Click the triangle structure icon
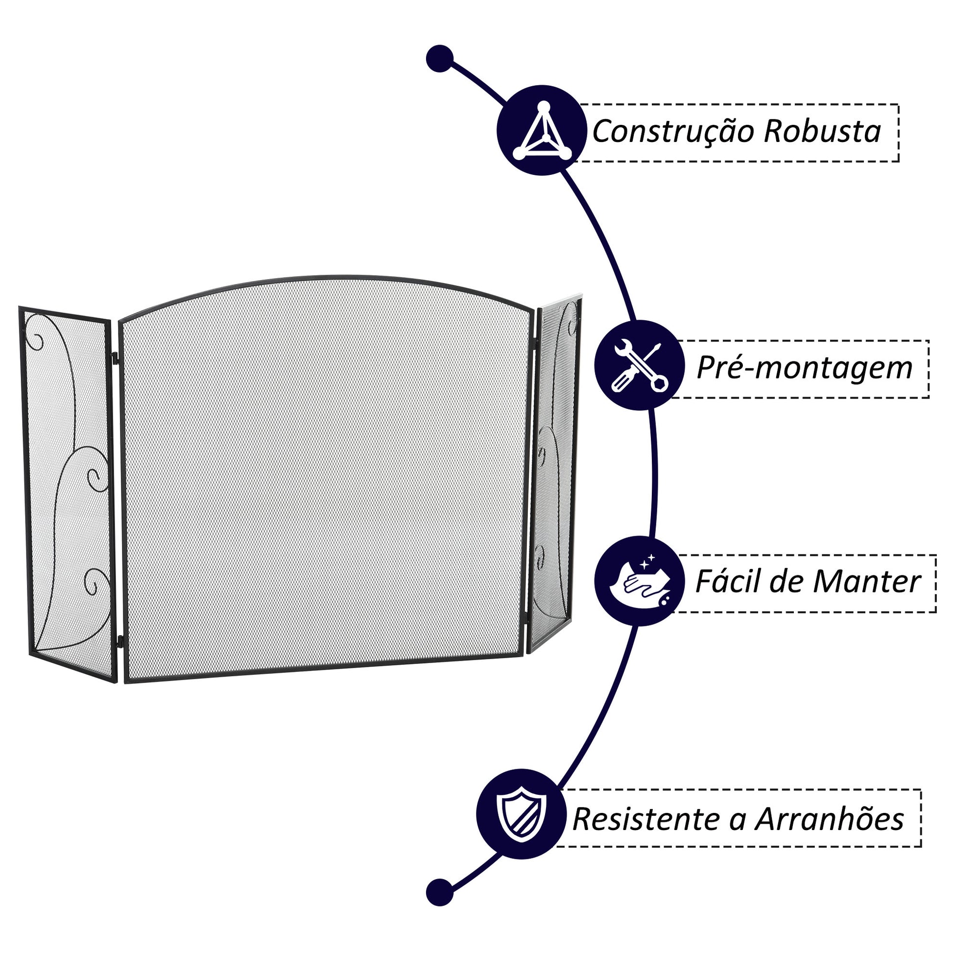coord(542,131)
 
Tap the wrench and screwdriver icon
coord(639,365)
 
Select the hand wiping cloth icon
coord(639,581)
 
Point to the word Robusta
coord(822,132)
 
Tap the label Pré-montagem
coord(804,367)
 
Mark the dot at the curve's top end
coord(439,59)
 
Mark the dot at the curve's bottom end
coord(439,892)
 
